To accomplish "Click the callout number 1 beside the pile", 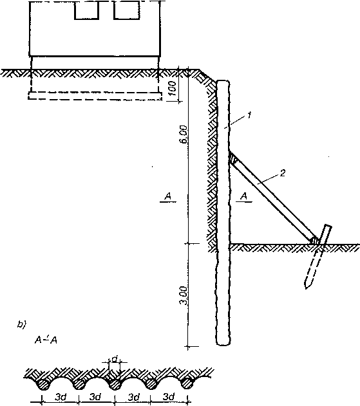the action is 249,115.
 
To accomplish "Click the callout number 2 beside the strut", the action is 283,172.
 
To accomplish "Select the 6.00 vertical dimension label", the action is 184,134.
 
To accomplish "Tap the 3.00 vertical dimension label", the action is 184,295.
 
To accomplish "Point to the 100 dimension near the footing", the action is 173,88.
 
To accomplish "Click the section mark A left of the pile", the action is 168,196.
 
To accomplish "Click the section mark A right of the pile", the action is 244,196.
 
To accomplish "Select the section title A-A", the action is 46,340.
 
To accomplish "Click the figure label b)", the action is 21,324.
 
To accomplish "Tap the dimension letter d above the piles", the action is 115,359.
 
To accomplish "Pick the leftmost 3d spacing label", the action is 60,397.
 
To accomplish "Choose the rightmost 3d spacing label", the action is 169,396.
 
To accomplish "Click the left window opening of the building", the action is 87,10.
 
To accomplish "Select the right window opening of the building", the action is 127,10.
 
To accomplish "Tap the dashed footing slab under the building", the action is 95,95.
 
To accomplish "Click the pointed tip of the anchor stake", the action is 306,289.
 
